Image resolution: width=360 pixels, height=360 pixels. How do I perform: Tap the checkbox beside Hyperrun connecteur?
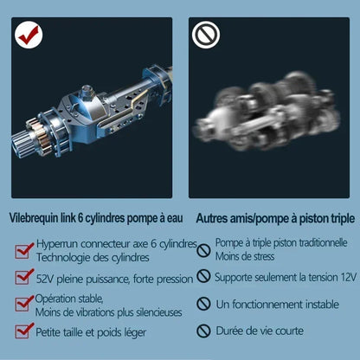click(24, 251)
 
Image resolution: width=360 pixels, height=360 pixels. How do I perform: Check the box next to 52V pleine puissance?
click(24, 278)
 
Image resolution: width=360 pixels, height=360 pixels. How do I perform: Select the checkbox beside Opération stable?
click(24, 304)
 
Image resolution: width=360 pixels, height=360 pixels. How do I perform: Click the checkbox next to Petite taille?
click(24, 331)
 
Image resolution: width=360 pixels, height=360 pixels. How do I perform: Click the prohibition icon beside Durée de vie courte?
click(203, 331)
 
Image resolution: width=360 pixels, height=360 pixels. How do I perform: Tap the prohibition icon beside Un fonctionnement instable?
click(203, 304)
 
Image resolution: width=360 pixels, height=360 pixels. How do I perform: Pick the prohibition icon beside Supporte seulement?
click(203, 276)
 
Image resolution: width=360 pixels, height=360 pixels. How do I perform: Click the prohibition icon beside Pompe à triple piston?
click(203, 250)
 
